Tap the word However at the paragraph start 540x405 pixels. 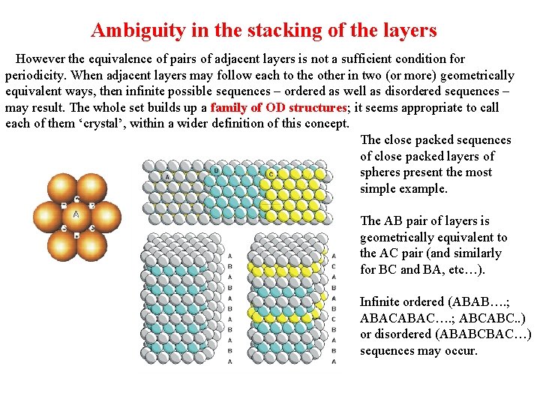coord(40,58)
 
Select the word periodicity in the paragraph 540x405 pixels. coord(36,75)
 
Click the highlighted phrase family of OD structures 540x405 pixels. coord(279,107)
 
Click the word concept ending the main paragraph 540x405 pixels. coord(325,123)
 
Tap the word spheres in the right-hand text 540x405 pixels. coord(382,172)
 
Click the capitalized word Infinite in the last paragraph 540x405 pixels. coord(381,301)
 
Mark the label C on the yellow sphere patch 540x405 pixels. coord(271,174)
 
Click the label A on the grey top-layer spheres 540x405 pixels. coord(168,175)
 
